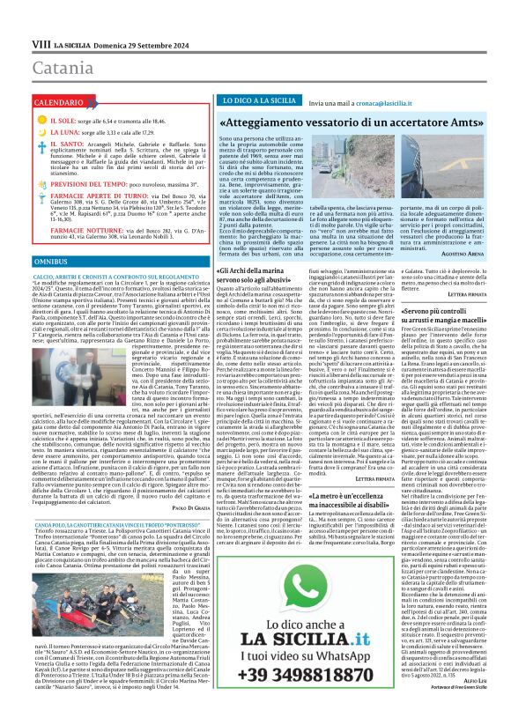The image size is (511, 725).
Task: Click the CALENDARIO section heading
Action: (60, 103)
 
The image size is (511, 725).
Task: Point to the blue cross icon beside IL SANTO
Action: (41, 144)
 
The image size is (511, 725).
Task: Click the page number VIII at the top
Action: (41, 43)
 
